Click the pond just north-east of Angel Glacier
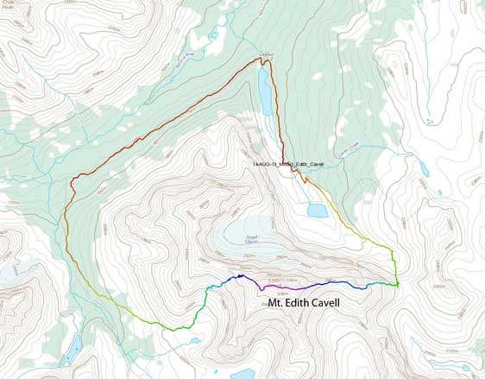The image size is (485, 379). (x=316, y=210)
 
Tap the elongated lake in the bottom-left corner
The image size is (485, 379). (x=73, y=347)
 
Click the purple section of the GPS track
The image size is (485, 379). (x=285, y=281)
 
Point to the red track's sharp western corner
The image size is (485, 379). (x=73, y=180)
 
